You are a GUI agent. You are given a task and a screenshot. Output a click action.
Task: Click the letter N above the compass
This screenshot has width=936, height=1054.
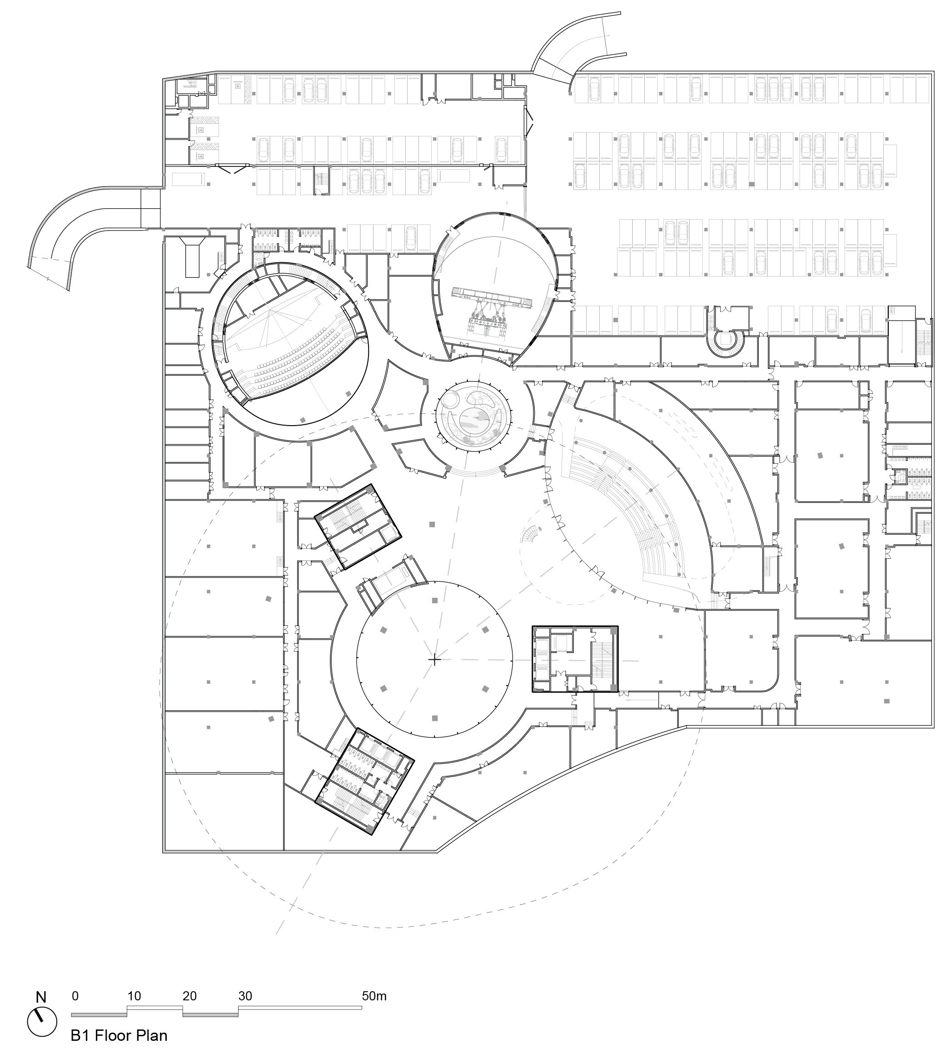point(41,997)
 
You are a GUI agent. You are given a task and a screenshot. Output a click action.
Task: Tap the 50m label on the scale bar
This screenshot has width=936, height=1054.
point(374,996)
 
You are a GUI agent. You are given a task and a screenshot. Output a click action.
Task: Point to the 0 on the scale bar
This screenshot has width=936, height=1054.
point(75,996)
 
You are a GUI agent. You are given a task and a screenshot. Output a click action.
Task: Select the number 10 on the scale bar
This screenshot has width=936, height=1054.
point(134,996)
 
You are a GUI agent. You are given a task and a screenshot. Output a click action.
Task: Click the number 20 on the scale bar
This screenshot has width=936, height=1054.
point(189,996)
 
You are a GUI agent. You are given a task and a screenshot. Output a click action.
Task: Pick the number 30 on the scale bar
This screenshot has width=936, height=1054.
point(245,996)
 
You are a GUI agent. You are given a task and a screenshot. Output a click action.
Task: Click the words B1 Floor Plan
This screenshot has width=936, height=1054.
point(119,1035)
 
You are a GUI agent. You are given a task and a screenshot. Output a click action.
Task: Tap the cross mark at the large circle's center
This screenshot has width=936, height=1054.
point(434,659)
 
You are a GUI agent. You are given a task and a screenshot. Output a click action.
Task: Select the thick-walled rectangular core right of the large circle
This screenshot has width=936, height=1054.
point(575,658)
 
